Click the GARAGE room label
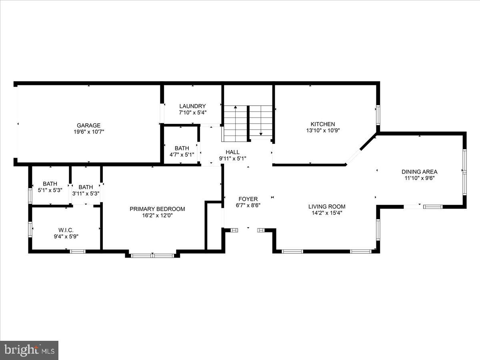pyautogui.click(x=89, y=125)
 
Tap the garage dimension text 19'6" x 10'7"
pyautogui.click(x=89, y=132)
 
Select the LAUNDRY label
pyautogui.click(x=192, y=106)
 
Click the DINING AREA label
pyautogui.click(x=419, y=172)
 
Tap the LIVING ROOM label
pyautogui.click(x=327, y=206)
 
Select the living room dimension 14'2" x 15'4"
pyautogui.click(x=327, y=213)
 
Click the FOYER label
pyautogui.click(x=248, y=199)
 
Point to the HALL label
pyautogui.click(x=232, y=152)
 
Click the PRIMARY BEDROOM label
pyautogui.click(x=157, y=209)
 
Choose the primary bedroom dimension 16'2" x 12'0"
pyautogui.click(x=157, y=215)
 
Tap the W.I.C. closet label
pyautogui.click(x=66, y=230)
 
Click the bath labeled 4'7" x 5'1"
pyautogui.click(x=182, y=151)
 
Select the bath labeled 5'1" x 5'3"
pyautogui.click(x=50, y=187)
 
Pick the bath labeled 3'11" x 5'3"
pyautogui.click(x=86, y=190)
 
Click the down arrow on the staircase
pyautogui.click(x=261, y=134)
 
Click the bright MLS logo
pyautogui.click(x=29, y=350)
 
